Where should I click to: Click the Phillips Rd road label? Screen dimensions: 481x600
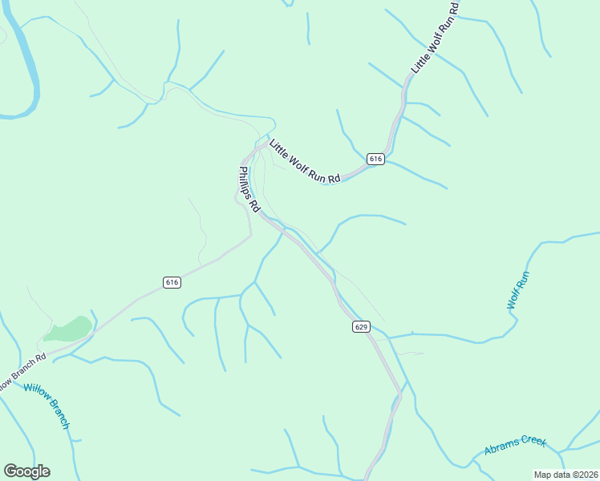(249, 188)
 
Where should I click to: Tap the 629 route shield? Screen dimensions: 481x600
(360, 327)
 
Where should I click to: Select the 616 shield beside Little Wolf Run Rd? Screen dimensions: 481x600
(376, 160)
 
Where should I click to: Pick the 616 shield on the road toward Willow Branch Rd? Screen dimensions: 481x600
(172, 282)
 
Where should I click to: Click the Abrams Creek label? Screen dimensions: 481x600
(514, 445)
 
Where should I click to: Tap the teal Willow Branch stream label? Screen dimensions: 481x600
(47, 406)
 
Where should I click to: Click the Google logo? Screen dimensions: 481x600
(26, 471)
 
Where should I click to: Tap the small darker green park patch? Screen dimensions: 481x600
(70, 329)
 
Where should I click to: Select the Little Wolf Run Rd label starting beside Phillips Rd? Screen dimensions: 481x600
(305, 162)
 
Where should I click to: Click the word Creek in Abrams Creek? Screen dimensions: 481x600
(532, 441)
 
